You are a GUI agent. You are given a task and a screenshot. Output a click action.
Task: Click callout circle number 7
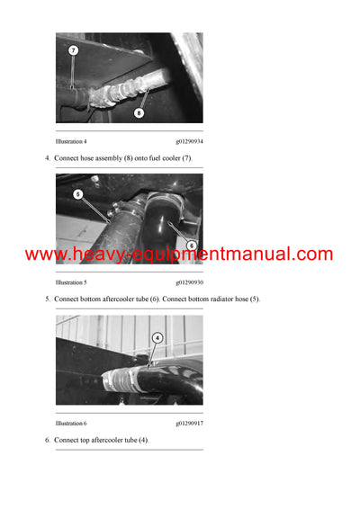73,50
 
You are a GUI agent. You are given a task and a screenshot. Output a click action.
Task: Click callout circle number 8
138,112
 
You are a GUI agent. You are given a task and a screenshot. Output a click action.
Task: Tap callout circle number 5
77,193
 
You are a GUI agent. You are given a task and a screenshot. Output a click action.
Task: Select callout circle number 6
190,246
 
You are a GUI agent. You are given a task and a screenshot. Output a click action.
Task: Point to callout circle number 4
157,338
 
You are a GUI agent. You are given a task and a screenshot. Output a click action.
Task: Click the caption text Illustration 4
71,141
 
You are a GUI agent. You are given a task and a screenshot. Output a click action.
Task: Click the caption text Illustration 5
71,282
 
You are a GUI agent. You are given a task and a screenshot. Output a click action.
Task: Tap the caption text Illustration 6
71,423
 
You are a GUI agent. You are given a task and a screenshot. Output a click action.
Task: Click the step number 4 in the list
47,158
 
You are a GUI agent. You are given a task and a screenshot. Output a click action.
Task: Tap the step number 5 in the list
47,299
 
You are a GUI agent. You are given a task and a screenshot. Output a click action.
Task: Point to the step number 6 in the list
47,441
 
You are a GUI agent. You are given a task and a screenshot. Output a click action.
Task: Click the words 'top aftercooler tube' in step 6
112,441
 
